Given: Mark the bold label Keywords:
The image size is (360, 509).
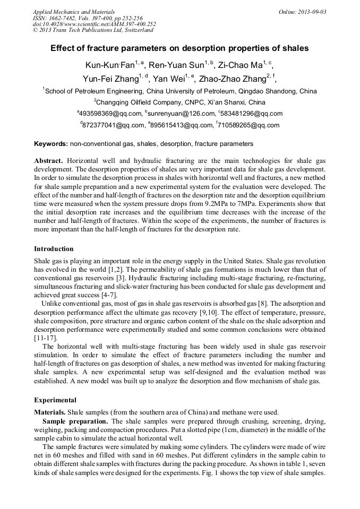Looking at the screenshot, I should click(x=50, y=144).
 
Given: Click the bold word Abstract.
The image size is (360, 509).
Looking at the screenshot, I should click(x=48, y=160).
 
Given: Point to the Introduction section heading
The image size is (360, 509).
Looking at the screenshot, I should click(x=54, y=248).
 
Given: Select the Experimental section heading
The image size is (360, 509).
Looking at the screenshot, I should click(x=55, y=400).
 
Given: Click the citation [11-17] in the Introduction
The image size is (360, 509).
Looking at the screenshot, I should click(x=45, y=338).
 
